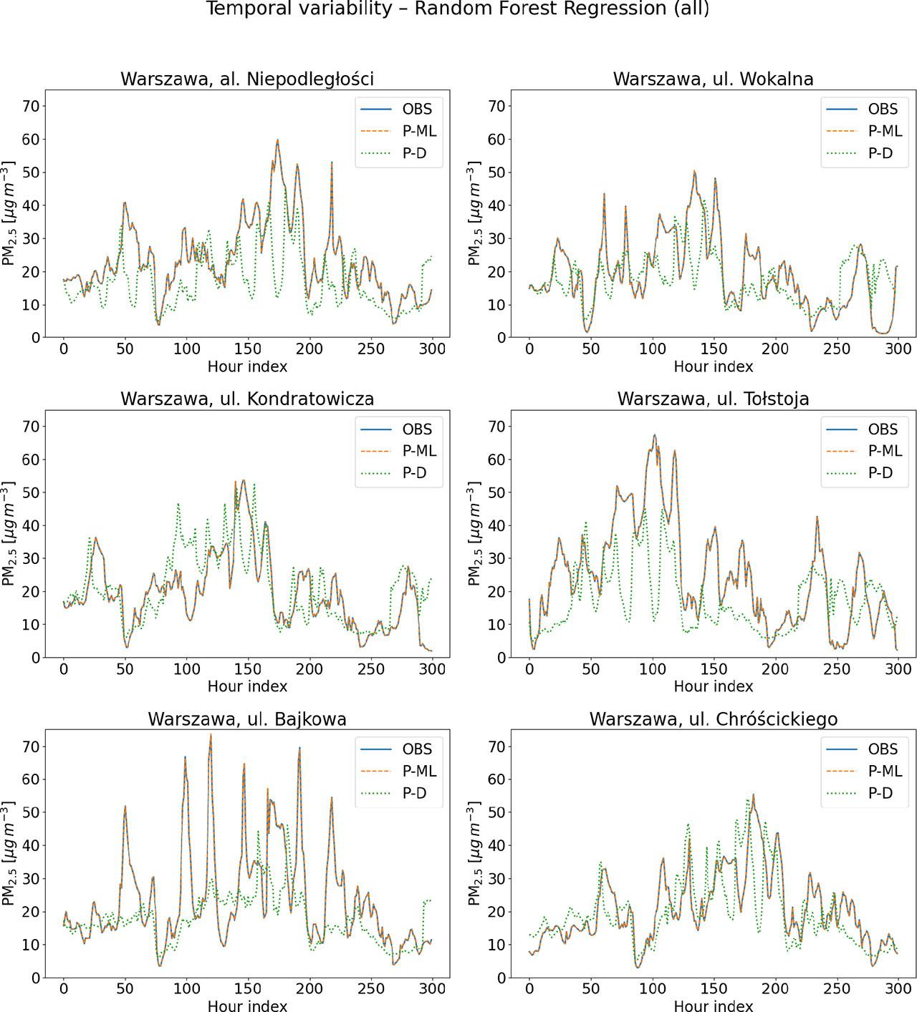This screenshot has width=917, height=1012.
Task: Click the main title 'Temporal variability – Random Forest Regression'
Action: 458,9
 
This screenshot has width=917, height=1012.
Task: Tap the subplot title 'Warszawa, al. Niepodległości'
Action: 247,79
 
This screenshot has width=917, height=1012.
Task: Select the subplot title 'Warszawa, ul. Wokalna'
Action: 713,79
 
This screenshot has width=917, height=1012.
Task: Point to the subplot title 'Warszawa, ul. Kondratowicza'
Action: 247,399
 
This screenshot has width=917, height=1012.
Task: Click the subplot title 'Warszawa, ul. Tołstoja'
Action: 713,399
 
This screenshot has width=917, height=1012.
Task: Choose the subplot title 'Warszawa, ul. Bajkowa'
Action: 247,719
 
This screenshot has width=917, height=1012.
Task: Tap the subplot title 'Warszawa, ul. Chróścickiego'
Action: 713,719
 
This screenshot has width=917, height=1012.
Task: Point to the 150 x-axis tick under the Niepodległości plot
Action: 247,349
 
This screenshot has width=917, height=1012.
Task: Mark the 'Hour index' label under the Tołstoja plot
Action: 713,686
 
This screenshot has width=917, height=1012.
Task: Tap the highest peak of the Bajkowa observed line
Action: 211,735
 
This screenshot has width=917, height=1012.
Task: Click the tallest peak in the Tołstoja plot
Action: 654,435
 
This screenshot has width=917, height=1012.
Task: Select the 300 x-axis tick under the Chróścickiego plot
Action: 898,989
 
